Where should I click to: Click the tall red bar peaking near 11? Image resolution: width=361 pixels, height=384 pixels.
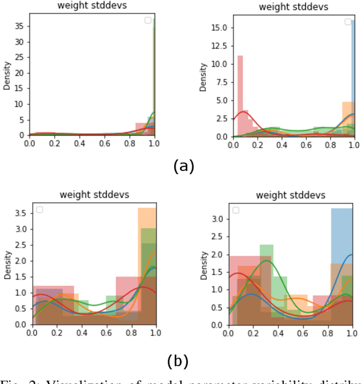coord(240,96)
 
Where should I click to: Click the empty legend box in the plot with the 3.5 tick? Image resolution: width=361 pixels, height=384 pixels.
coord(39,210)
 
